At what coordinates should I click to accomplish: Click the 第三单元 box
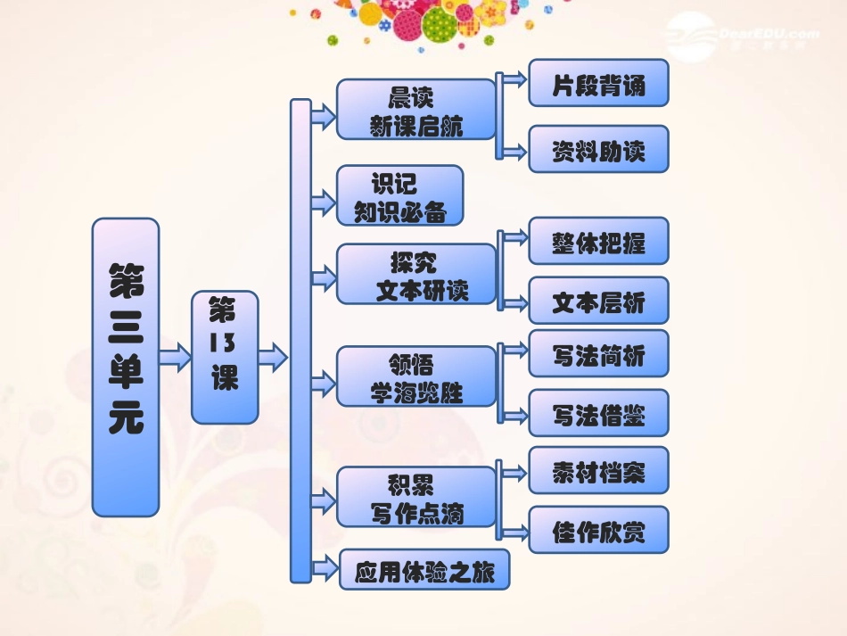(x=126, y=368)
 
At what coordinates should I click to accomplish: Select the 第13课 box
(x=225, y=357)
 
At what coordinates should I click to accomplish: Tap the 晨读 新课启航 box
(x=415, y=109)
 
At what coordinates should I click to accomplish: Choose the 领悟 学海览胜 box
(x=415, y=376)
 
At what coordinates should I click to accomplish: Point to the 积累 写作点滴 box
(x=415, y=496)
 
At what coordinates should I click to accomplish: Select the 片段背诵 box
(x=598, y=84)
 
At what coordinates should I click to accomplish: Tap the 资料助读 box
(x=598, y=149)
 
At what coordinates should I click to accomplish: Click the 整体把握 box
(x=598, y=241)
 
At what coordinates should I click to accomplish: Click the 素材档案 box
(x=598, y=470)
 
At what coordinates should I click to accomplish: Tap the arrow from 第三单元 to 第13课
(x=176, y=359)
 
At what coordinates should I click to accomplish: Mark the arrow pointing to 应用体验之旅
(x=324, y=567)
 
